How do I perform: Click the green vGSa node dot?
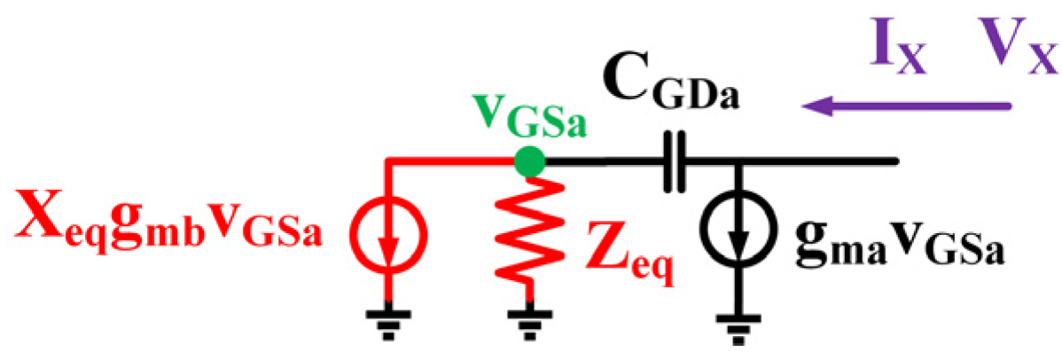pyautogui.click(x=529, y=161)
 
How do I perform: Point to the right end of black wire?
pyautogui.click(x=897, y=161)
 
